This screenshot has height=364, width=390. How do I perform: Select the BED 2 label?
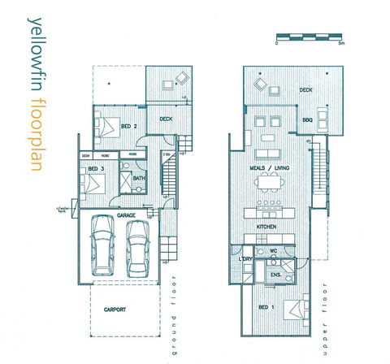point(128,127)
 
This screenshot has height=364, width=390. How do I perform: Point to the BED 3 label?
point(96,168)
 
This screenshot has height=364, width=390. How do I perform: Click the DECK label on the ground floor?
point(166,119)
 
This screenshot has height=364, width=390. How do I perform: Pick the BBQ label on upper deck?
point(307,119)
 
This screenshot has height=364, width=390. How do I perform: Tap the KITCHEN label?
point(268,225)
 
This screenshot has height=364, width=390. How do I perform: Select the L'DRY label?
point(247,259)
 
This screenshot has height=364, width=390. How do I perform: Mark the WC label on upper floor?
point(275,251)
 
